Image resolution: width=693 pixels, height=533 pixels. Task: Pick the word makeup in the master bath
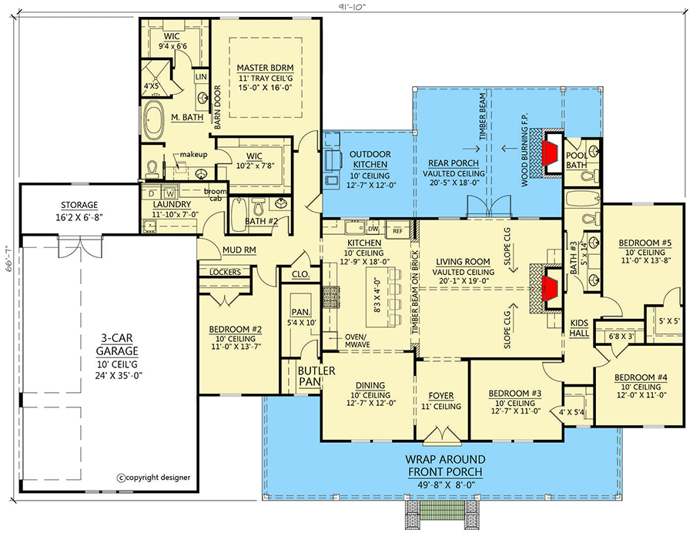[x=193, y=155]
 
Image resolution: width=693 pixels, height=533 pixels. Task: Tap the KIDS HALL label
[x=580, y=327]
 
